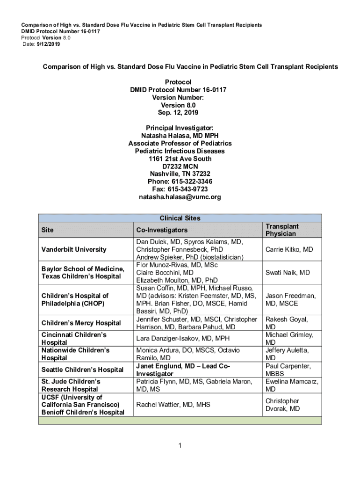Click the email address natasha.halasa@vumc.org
click(180, 197)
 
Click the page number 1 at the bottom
click(180, 445)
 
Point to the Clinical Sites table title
click(180, 218)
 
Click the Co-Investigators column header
click(161, 230)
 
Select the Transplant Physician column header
click(282, 230)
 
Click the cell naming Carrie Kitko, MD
click(289, 249)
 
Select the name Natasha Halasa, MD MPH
click(180, 136)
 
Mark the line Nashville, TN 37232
click(180, 174)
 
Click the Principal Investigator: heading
click(180, 128)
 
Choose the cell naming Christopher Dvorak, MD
click(282, 405)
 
